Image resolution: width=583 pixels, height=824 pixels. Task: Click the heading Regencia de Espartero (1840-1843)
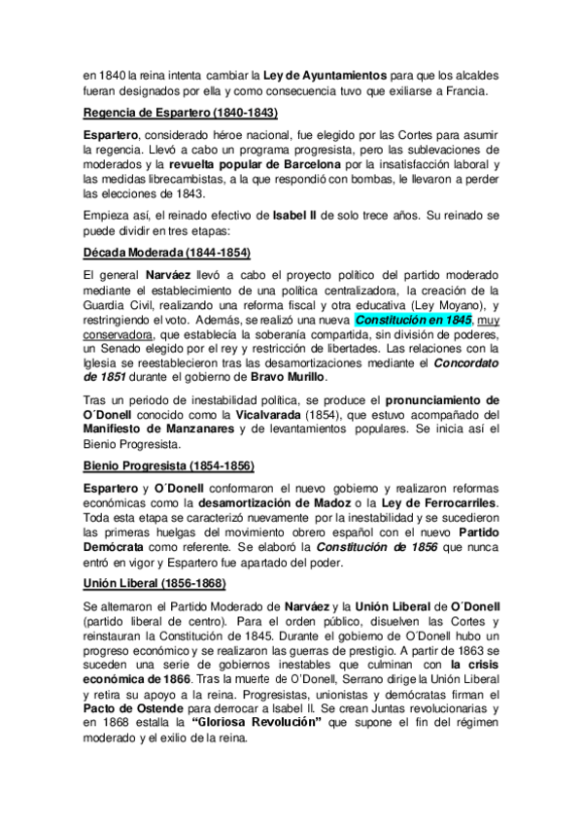point(181,113)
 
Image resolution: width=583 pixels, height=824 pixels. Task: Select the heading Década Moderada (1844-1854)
point(167,254)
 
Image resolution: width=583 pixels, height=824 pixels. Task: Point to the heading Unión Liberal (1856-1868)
point(155,583)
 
